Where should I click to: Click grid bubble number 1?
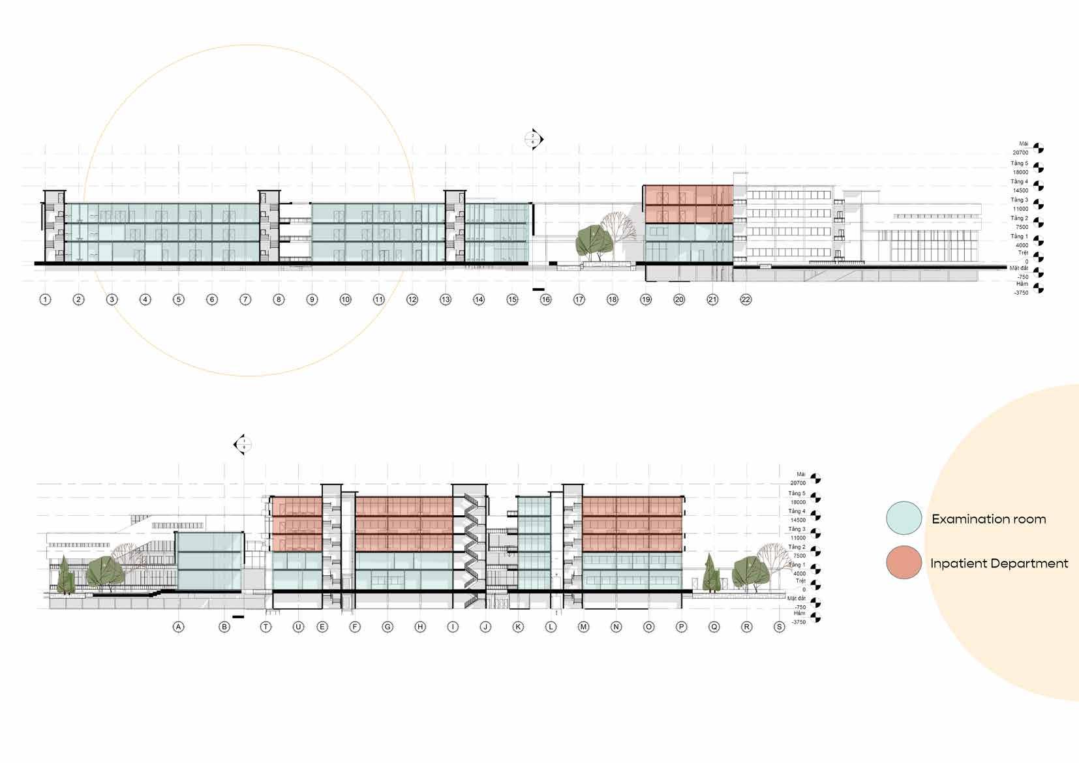pos(45,300)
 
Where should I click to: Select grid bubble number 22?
pos(746,300)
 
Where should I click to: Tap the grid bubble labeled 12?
pos(412,300)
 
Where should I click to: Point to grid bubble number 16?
pos(545,300)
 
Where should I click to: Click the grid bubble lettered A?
pos(178,627)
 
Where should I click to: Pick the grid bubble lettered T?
pos(266,627)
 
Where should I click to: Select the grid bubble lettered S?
pos(779,627)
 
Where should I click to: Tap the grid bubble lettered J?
pos(485,627)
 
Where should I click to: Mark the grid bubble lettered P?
pos(682,627)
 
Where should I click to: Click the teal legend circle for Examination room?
pos(904,518)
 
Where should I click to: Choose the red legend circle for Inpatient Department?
pos(904,562)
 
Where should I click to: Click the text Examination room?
pos(988,519)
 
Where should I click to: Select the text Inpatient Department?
pos(999,563)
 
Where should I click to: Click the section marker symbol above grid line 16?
pos(534,139)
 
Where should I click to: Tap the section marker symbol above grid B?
pos(243,445)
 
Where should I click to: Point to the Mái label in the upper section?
pos(1023,144)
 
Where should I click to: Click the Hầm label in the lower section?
pos(800,614)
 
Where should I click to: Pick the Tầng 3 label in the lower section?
pos(797,530)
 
